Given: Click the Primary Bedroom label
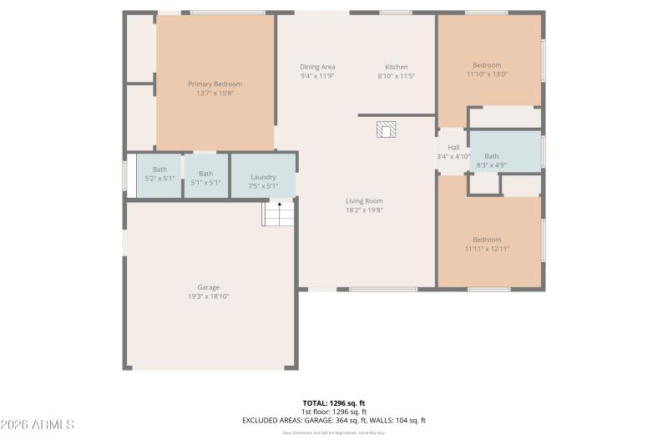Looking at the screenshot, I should tap(215, 83).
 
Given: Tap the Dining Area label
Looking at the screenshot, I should tap(317, 67).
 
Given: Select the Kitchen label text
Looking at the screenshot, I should tap(396, 67).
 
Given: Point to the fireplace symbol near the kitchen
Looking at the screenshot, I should tap(386, 129).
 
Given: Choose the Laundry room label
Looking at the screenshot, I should tap(263, 177).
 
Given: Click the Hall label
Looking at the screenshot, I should tap(453, 148).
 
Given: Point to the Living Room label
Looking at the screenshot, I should tap(364, 200).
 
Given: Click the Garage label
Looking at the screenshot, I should tap(208, 287).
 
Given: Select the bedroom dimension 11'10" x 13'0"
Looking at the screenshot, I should tap(487, 74).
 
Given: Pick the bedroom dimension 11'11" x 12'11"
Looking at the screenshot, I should tap(487, 248).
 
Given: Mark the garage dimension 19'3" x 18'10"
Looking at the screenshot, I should tap(208, 296).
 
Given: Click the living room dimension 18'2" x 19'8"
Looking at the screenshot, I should tap(364, 210).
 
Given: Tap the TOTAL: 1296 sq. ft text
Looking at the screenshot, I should tap(334, 403).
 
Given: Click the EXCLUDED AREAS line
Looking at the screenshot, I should tap(334, 420).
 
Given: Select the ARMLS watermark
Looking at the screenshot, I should tap(38, 425).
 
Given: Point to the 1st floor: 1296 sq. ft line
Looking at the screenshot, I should tap(334, 412).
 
